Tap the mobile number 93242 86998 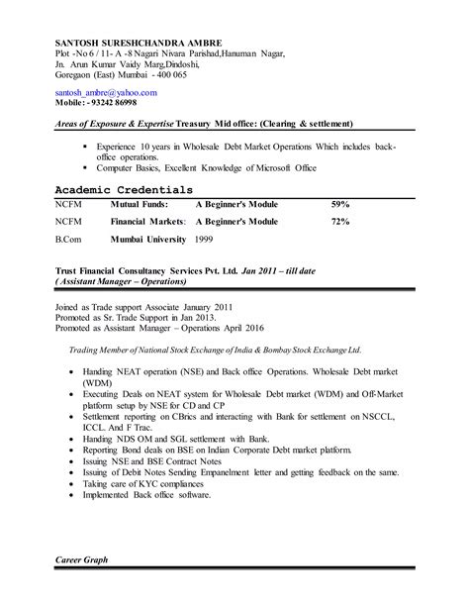click(x=111, y=102)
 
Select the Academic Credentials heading click(x=124, y=189)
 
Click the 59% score click(x=340, y=204)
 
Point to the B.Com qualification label click(x=68, y=239)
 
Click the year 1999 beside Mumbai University click(x=204, y=239)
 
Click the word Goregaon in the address click(x=80, y=73)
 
